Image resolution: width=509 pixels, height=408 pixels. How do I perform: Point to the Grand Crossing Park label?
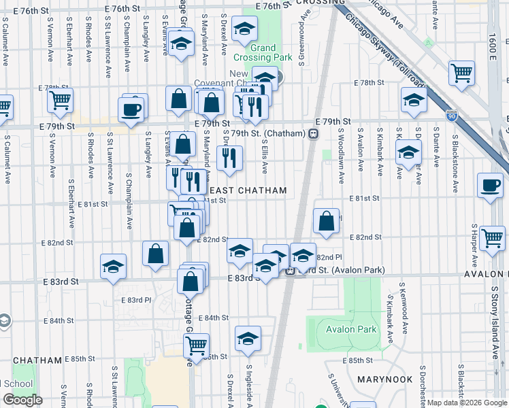point(263,52)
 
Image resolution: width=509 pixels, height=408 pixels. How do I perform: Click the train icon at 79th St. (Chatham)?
point(314,133)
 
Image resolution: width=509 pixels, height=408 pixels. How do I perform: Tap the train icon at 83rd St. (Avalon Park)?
point(290,271)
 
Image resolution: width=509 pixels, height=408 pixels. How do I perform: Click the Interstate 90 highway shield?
point(452,116)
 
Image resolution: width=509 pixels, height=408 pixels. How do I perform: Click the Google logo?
point(22,400)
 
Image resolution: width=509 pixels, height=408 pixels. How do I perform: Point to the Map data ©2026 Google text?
point(467,403)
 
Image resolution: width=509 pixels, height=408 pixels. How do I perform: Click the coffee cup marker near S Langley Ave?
point(131,109)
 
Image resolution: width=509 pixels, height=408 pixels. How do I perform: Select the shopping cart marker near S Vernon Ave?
point(60,100)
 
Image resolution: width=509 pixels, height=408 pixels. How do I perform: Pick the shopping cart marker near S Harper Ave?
point(492,237)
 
